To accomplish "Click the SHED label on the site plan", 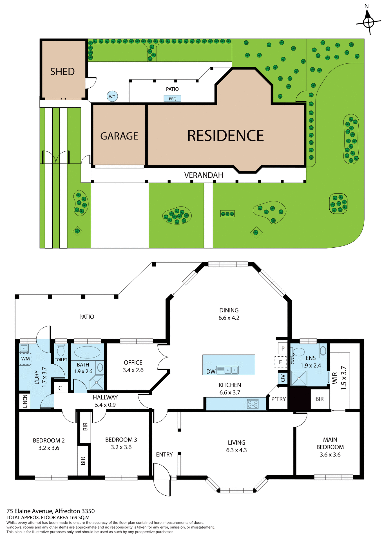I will click(62, 72).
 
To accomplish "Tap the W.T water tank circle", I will click(112, 97).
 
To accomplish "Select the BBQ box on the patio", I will click(172, 99).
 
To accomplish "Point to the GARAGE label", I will click(119, 136).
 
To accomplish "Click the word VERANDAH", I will click(204, 175).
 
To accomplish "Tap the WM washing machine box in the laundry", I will click(25, 359).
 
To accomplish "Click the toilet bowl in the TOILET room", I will click(61, 351).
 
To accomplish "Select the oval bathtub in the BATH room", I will click(87, 352).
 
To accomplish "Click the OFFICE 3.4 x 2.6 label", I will click(133, 366).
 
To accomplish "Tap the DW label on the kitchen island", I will click(211, 372).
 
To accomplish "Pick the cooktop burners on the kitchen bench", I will click(253, 404).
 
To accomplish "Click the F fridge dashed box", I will click(280, 362).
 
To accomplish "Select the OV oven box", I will click(283, 378).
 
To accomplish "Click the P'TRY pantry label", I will click(278, 399).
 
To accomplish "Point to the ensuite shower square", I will click(299, 378).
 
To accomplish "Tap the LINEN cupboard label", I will click(25, 401).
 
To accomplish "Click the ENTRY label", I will click(164, 454).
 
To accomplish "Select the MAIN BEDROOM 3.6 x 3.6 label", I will click(330, 447).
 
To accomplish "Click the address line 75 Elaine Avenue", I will click(51, 511).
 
